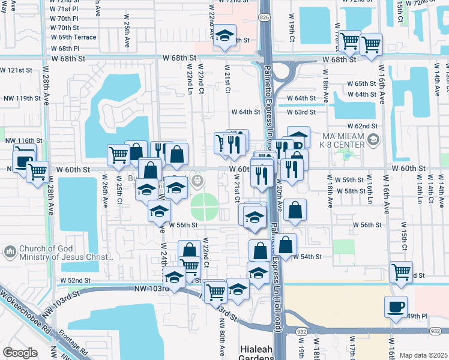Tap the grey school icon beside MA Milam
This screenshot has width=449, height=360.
(x=373, y=140)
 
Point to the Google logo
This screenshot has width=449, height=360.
(x=19, y=353)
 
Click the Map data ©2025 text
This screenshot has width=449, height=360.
(x=423, y=355)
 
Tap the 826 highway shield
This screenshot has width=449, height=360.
(x=265, y=18)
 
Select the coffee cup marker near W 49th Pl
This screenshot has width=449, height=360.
(x=396, y=307)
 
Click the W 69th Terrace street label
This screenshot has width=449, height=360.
(x=73, y=37)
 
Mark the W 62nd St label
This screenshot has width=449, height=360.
(x=366, y=126)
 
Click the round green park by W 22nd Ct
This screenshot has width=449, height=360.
(x=205, y=207)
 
